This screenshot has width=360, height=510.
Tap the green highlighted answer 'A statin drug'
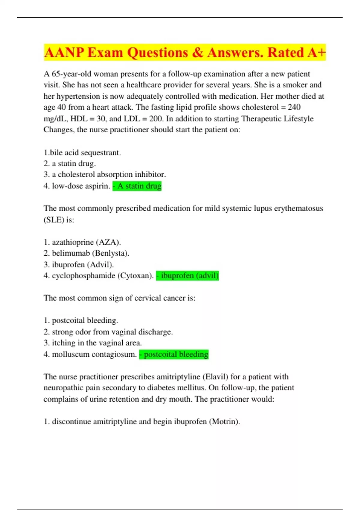(x=137, y=186)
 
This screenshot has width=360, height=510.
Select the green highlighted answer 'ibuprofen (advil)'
(x=187, y=275)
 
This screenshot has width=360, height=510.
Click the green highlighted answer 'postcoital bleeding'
(x=174, y=354)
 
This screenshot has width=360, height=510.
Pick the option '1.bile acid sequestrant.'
(x=82, y=153)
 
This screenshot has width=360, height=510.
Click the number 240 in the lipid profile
(x=294, y=107)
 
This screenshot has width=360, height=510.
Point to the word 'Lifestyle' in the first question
(x=298, y=119)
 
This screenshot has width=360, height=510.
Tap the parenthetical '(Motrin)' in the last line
(x=225, y=422)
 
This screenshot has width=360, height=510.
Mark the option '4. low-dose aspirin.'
(x=77, y=186)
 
